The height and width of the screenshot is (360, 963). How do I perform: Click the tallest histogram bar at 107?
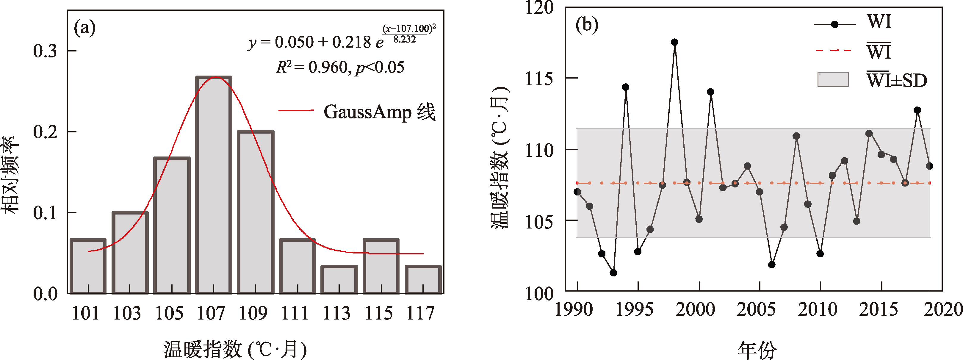point(214,185)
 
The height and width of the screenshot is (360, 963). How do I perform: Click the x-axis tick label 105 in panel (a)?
point(169,313)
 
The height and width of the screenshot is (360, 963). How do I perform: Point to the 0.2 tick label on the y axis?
point(45,132)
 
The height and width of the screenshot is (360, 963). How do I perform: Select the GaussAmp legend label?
point(379,112)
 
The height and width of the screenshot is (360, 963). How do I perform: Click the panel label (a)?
point(84,28)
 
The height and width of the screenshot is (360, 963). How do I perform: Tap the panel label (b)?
point(587,25)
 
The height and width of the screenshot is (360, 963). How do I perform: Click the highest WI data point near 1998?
point(674,42)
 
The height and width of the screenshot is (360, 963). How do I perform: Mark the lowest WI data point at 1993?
point(613,273)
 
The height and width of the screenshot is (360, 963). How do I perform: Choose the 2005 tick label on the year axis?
point(756,309)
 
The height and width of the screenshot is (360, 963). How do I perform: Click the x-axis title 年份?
point(757,350)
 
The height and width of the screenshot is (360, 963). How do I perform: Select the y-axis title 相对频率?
point(10,175)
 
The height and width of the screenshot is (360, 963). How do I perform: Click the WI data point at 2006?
point(772,265)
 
